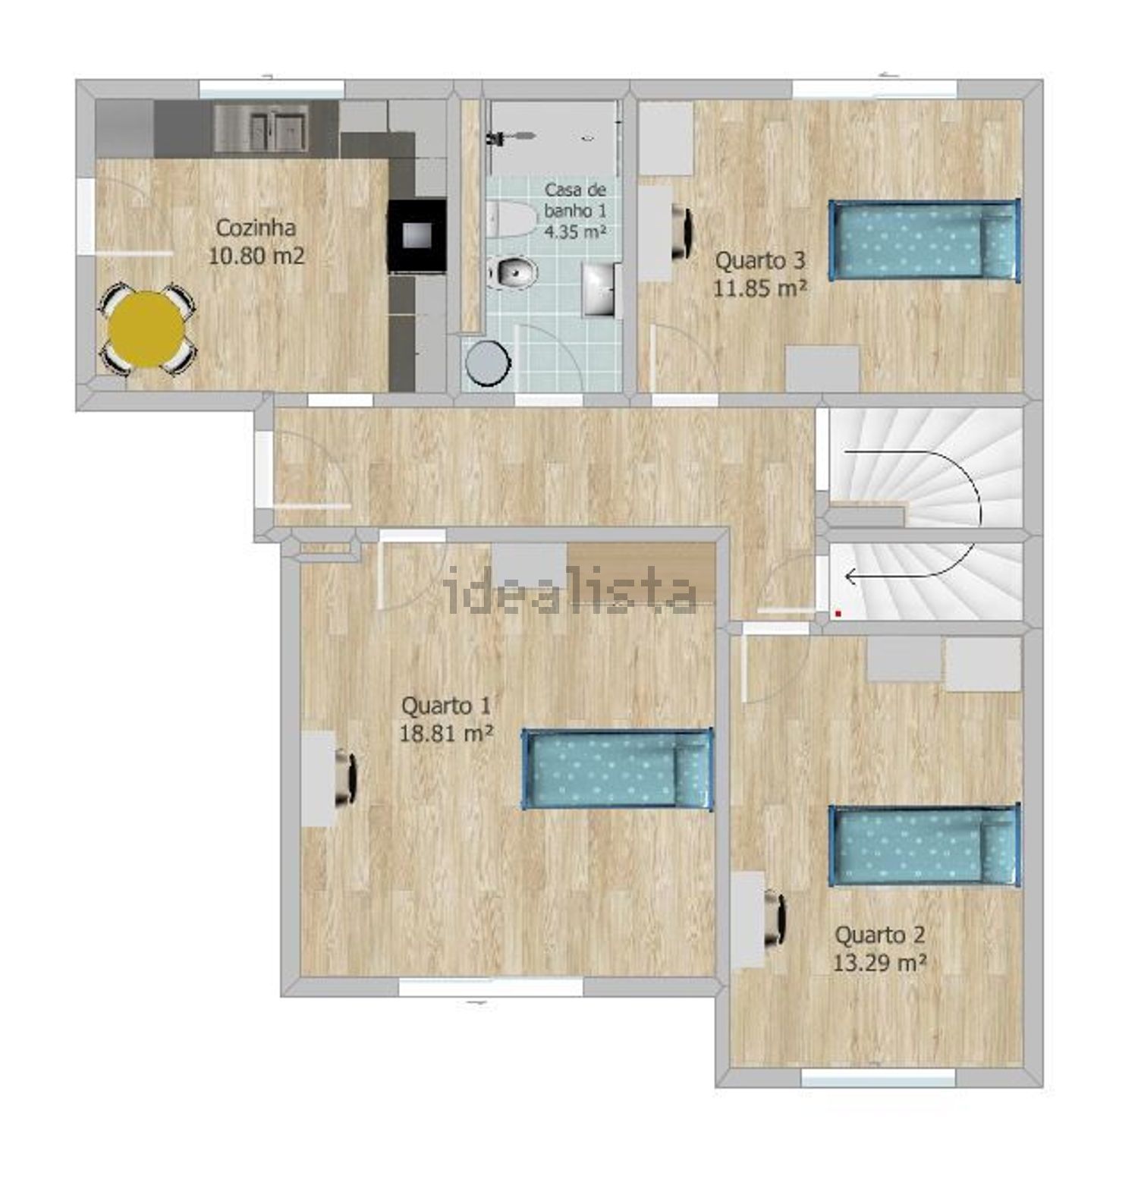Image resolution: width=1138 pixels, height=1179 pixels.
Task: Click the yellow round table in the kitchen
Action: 146,329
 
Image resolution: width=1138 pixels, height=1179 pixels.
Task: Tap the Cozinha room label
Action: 256,227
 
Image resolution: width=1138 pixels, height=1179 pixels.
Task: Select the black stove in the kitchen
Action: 417,235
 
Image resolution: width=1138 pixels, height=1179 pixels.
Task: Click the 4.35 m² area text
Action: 574,231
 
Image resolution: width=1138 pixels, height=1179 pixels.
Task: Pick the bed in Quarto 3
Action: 924,241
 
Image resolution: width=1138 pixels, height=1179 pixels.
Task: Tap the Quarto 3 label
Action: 760,260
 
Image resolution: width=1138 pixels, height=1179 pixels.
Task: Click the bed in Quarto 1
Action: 618,769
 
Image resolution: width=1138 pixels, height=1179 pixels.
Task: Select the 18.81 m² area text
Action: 447,733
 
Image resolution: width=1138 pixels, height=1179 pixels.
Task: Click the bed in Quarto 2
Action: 925,844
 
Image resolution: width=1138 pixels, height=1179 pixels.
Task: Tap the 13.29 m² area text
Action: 879,963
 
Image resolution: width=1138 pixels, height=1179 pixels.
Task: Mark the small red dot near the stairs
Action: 838,612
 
